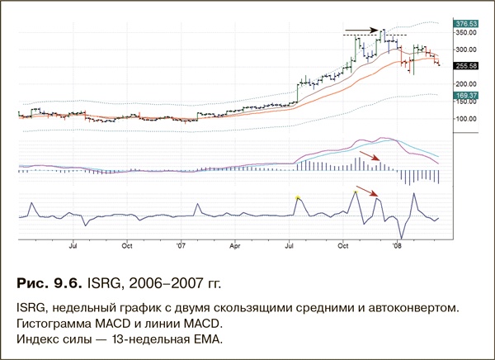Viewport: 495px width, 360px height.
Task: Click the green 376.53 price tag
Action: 467,25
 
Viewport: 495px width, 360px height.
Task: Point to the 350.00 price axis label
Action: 466,34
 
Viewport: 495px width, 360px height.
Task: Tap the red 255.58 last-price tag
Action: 467,65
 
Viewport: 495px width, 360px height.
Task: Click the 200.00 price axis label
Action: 466,84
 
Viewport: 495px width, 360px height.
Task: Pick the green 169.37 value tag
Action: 467,96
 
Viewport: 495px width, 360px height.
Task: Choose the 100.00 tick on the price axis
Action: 466,118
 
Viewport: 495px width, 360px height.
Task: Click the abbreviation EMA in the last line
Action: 210,338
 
